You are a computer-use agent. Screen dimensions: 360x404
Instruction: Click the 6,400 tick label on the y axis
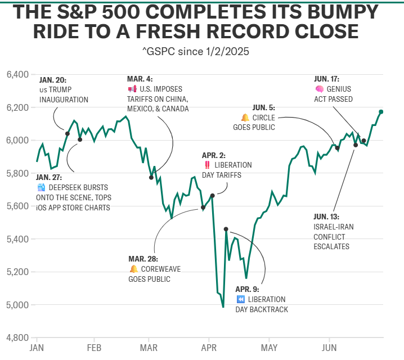(17, 74)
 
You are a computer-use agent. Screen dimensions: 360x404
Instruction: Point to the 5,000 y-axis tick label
(17, 305)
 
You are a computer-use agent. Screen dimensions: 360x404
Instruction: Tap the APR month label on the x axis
(209, 348)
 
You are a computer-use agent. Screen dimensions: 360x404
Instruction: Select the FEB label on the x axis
(94, 348)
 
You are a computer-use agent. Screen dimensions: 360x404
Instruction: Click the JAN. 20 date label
(53, 79)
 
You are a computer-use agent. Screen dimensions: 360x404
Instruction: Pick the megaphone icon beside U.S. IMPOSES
(132, 89)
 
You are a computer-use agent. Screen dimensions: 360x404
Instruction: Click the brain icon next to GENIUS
(319, 89)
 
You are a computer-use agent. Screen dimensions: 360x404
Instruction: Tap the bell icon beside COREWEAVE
(133, 269)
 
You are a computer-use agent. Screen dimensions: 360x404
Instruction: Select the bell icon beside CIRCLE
(245, 118)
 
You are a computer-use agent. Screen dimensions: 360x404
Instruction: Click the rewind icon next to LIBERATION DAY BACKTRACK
(240, 299)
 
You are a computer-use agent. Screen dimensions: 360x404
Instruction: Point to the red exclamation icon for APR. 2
(208, 165)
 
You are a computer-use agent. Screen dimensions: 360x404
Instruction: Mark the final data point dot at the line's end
(381, 112)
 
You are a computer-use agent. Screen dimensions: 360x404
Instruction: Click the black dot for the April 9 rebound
(226, 229)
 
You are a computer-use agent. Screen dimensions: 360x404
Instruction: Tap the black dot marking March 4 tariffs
(151, 177)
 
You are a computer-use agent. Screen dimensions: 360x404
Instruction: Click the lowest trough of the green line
(223, 307)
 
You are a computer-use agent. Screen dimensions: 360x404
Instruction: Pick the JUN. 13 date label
(326, 216)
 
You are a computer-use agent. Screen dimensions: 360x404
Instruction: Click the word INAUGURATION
(64, 100)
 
